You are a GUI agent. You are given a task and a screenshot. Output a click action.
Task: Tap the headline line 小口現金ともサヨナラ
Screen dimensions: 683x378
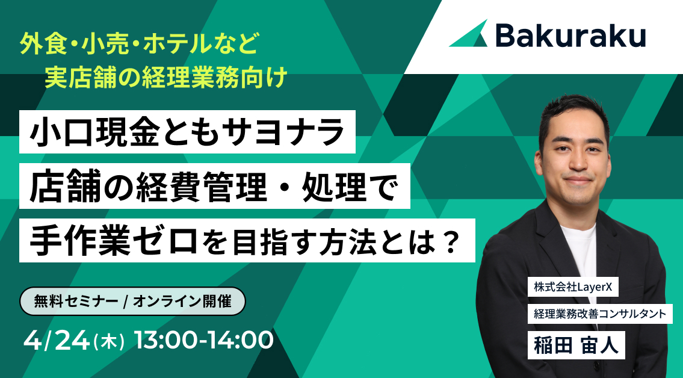click(x=187, y=131)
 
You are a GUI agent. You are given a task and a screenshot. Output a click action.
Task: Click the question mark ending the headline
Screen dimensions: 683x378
click(x=450, y=241)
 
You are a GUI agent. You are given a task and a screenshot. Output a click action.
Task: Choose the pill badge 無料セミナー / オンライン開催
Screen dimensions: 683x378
click(x=133, y=301)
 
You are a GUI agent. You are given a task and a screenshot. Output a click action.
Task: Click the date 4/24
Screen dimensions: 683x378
click(x=57, y=340)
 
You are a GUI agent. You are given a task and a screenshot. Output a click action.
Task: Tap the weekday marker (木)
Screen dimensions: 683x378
click(x=110, y=341)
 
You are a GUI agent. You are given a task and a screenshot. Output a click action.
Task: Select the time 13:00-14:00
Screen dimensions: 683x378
click(x=204, y=340)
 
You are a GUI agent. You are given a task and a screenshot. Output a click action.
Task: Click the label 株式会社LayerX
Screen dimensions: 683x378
click(x=573, y=288)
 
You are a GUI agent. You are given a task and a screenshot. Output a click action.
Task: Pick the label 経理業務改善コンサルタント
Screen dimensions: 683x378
click(x=600, y=314)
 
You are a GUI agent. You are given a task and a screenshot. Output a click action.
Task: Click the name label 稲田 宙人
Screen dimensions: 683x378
click(x=576, y=345)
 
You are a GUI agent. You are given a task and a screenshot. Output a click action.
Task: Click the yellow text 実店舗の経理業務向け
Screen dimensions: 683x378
click(x=165, y=78)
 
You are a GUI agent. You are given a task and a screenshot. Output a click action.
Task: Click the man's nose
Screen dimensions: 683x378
click(x=576, y=162)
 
